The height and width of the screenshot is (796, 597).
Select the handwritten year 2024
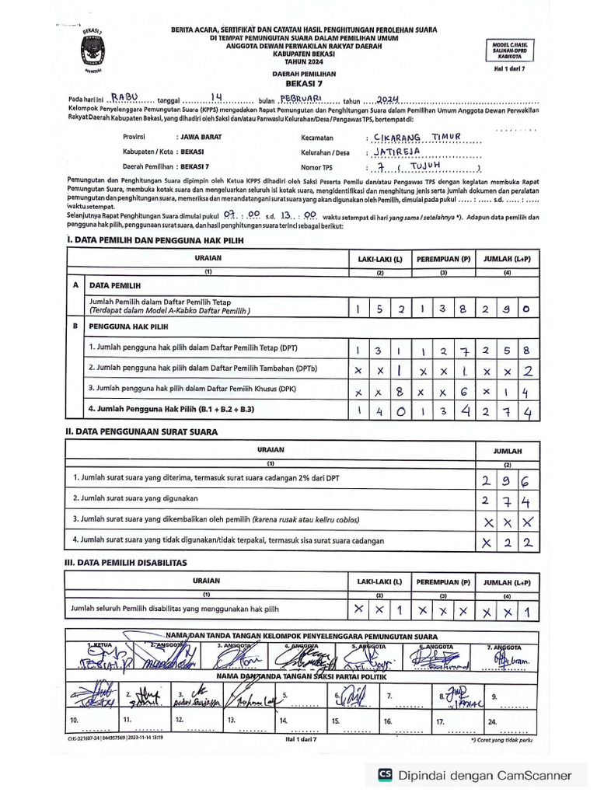pos(387,99)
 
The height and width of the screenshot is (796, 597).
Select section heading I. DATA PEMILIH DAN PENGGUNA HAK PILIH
pos(155,240)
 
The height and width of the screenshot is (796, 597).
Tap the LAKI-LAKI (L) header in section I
pos(379,257)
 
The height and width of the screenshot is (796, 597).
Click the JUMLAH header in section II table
pos(507,451)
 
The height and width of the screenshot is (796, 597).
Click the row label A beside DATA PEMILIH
pos(76,285)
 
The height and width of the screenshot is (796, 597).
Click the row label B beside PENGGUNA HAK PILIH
pos(76,326)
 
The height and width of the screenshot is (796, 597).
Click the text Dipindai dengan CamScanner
pos(485,774)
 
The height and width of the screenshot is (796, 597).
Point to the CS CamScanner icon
pos(384,774)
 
